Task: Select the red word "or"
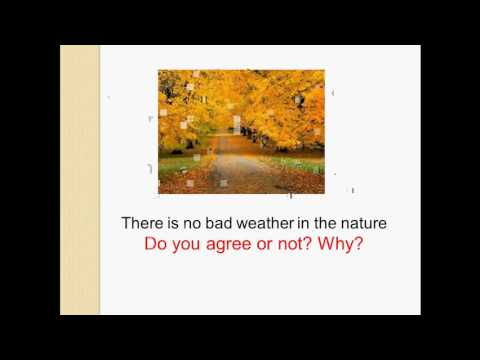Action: click(269, 244)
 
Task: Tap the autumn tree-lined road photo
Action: click(241, 131)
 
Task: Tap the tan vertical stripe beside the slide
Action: click(79, 180)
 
